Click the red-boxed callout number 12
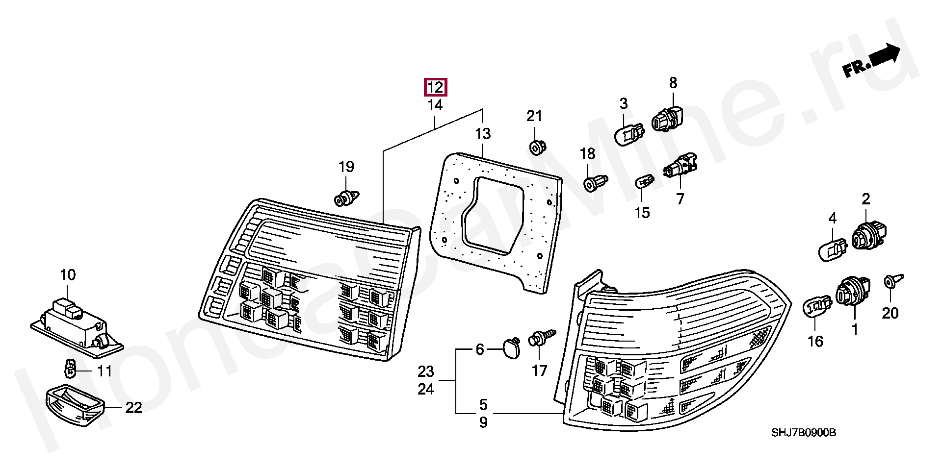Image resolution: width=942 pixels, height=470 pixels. [435, 87]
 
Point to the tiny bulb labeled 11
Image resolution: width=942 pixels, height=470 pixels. [70, 368]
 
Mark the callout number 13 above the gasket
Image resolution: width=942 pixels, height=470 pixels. [483, 133]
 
